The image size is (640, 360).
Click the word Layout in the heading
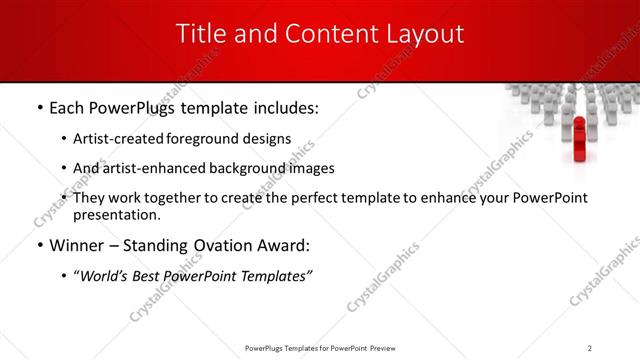(x=426, y=33)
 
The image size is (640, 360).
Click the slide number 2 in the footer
(x=590, y=347)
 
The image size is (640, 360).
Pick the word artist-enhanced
(x=150, y=168)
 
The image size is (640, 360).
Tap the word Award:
(x=285, y=245)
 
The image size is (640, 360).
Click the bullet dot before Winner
(x=38, y=245)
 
